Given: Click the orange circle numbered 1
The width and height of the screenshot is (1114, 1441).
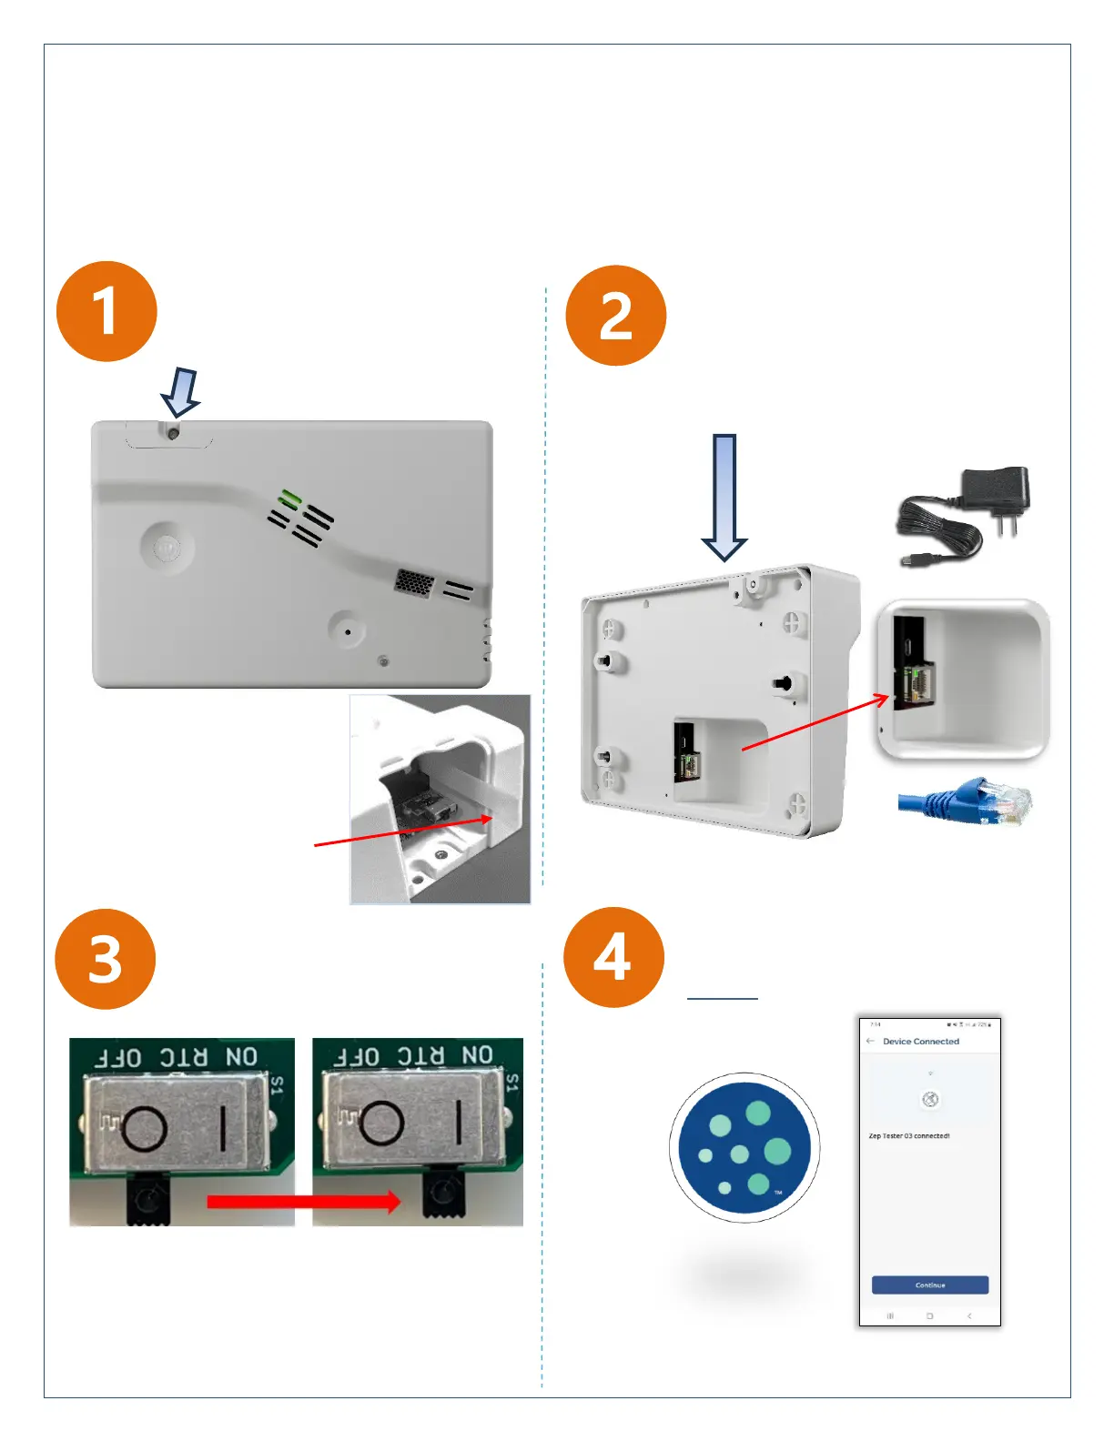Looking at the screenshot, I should (106, 311).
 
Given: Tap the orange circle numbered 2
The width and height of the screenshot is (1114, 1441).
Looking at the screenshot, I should (616, 316).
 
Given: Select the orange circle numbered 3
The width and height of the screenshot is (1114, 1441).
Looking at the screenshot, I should (106, 959).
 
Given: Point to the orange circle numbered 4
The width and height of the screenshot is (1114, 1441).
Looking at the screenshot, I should (613, 957).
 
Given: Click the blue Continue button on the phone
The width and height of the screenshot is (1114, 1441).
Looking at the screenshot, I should (929, 1285).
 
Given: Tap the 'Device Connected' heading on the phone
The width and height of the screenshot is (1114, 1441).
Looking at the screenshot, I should (920, 1041).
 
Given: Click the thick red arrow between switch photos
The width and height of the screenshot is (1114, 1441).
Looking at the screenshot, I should (303, 1202).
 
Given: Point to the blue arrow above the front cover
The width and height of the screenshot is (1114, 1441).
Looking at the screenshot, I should (180, 392).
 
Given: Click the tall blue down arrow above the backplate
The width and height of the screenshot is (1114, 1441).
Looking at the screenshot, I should (724, 497).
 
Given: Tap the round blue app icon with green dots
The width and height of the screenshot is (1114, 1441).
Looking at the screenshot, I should (744, 1147).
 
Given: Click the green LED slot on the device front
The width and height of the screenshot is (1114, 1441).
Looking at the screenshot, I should (290, 498).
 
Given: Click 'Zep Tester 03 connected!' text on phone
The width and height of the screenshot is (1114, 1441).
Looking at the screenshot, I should (908, 1135).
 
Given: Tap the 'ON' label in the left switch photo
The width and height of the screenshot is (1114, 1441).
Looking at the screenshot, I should (241, 1056).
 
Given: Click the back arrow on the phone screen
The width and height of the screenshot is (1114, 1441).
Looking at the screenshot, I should (871, 1041).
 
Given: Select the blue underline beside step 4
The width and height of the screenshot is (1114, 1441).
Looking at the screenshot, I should (722, 998).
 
